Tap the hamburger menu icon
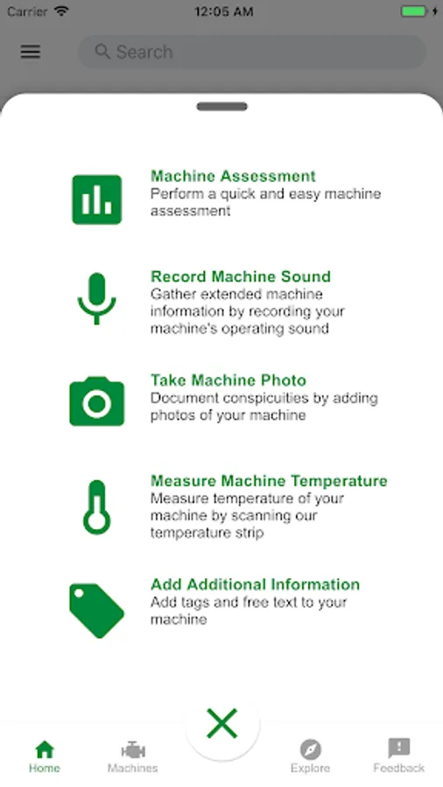(31, 52)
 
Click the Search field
(251, 52)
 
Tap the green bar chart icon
(97, 199)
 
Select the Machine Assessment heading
(233, 176)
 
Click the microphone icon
(97, 299)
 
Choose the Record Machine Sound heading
(241, 276)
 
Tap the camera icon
(97, 401)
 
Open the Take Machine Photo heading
(229, 380)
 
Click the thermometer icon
(96, 507)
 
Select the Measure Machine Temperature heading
(270, 481)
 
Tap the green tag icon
(96, 611)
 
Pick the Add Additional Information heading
(255, 585)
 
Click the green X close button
(222, 724)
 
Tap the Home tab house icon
(45, 749)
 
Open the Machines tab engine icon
(133, 750)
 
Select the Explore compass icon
(311, 750)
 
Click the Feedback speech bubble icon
(399, 749)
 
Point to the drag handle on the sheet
(222, 107)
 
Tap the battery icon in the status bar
(414, 11)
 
